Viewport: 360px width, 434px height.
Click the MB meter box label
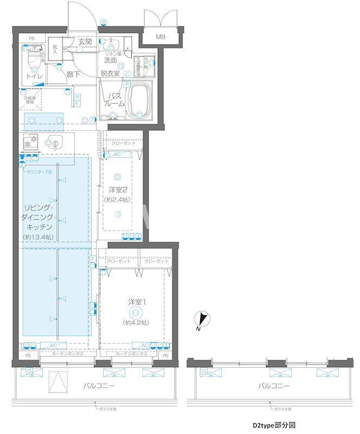pos(160,37)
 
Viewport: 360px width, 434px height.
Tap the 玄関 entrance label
pos(85,41)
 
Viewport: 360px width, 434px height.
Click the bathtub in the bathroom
pos(140,98)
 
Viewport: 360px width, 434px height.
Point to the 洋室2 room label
pos(118,190)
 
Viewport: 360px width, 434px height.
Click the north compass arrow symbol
pos(201,320)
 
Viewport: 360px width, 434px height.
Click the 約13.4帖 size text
pos(38,237)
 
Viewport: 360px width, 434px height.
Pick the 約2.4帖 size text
pos(118,200)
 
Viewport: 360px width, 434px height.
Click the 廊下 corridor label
pos(74,75)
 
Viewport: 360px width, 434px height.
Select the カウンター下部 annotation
pos(40,171)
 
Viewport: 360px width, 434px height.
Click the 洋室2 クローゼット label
pos(124,143)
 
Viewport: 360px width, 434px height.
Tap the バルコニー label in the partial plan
pos(273,386)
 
